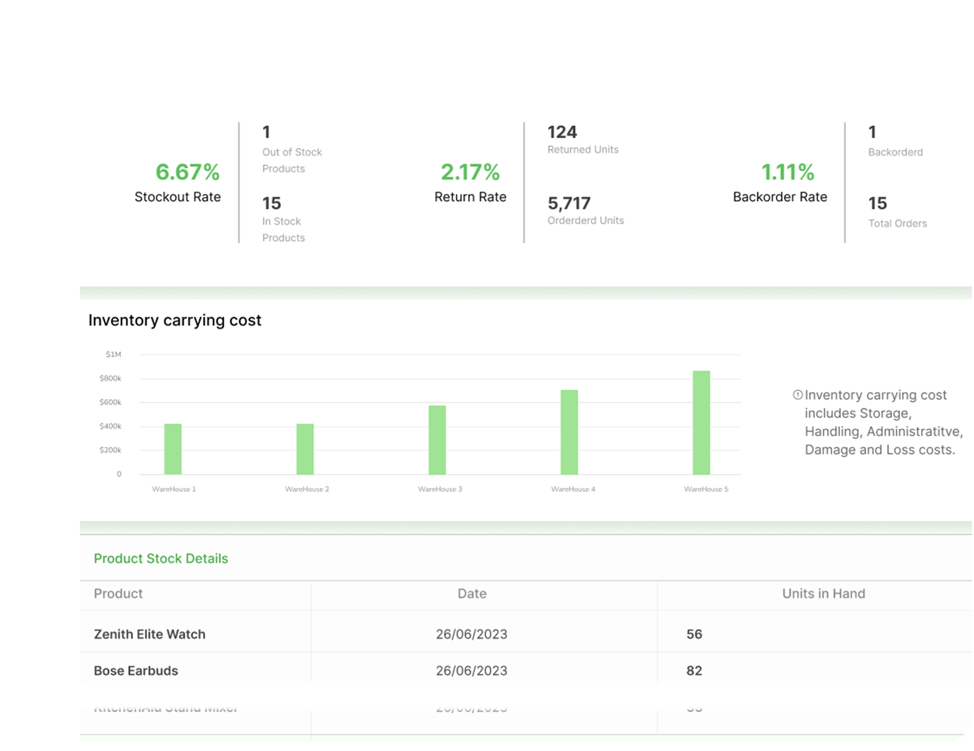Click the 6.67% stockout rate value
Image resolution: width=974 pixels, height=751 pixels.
pos(187,172)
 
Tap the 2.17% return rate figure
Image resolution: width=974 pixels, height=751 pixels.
pos(470,172)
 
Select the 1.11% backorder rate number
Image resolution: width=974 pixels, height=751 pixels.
pos(787,172)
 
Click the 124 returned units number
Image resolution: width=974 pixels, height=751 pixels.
pos(562,132)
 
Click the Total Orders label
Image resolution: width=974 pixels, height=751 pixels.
pos(897,223)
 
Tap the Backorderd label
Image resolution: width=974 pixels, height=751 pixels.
pos(895,152)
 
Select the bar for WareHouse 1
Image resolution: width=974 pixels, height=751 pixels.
pos(173,449)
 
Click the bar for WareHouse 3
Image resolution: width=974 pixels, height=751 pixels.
pos(437,440)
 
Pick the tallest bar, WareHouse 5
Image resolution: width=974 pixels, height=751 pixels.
pos(701,422)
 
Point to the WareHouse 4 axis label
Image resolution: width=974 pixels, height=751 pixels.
pos(573,489)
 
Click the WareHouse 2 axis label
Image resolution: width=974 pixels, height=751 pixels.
pos(307,489)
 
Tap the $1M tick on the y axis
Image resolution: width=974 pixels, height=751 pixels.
pos(113,354)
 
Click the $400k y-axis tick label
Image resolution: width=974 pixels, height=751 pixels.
pos(110,426)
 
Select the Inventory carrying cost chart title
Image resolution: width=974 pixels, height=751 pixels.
pos(174,320)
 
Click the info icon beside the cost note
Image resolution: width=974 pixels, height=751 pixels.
pos(797,395)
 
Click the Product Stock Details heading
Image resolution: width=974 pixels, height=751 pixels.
pos(160,558)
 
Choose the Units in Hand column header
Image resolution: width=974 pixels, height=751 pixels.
pos(823,593)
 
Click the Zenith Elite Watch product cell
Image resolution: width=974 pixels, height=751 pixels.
pos(149,634)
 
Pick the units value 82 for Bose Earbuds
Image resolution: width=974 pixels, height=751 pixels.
pos(694,670)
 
